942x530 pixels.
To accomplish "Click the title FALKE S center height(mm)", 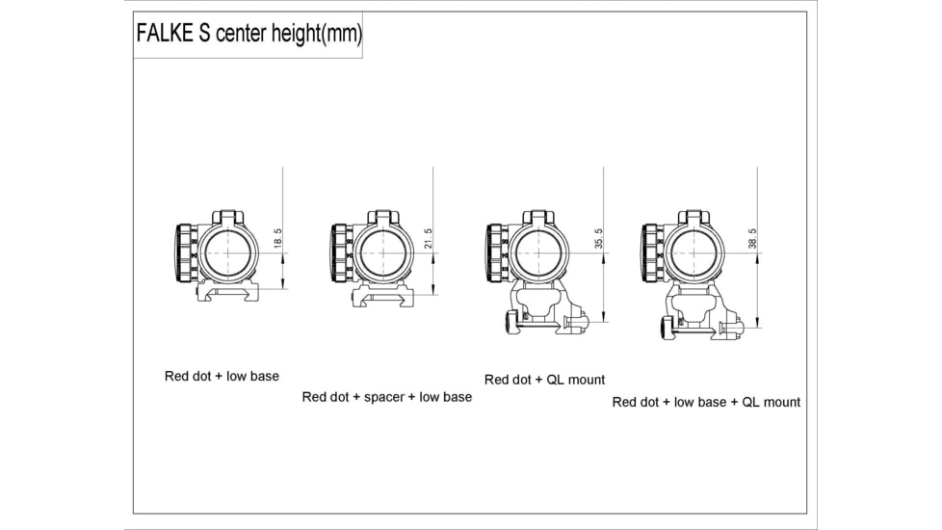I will [249, 36].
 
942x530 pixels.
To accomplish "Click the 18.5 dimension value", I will [278, 239].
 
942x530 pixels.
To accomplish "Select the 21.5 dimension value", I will [429, 239].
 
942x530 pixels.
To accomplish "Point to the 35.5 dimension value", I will [598, 239].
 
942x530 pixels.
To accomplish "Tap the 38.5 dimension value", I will [752, 239].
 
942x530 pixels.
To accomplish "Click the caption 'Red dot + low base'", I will [222, 376].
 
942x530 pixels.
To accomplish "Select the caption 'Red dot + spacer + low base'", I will [387, 397].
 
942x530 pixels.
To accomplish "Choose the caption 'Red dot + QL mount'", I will [545, 380].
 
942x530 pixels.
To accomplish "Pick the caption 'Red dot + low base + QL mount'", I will [706, 402].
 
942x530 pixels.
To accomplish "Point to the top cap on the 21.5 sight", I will [383, 217].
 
